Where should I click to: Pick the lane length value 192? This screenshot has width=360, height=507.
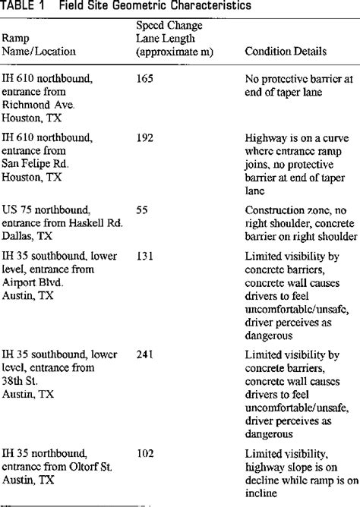click(x=145, y=137)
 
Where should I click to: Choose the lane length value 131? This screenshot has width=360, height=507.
click(x=145, y=256)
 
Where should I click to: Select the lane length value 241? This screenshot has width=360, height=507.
click(x=145, y=354)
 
